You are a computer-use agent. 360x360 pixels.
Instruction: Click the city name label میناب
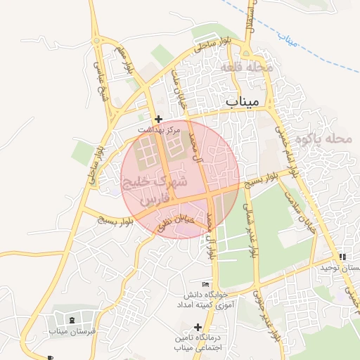243,103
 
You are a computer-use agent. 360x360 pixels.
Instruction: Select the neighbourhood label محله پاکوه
323,139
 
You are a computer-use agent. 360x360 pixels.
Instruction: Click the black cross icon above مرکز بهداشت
159,120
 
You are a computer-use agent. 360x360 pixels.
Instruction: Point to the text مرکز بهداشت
159,130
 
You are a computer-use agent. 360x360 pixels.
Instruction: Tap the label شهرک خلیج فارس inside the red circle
155,190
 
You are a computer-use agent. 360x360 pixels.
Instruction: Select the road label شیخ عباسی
103,85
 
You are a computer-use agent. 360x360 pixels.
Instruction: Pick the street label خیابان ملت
179,90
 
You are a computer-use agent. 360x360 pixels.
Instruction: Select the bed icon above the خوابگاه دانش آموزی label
205,283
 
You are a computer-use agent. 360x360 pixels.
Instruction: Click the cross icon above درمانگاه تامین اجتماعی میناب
198,327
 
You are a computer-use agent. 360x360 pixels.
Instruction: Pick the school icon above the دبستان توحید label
342,257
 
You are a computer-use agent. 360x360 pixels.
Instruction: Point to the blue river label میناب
288,39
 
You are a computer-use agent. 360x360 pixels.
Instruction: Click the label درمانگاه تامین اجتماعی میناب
198,342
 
